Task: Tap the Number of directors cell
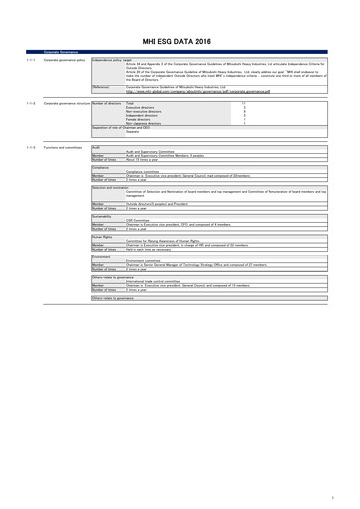coord(111,130)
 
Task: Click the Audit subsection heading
coord(96,175)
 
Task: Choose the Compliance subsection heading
coord(101,196)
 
